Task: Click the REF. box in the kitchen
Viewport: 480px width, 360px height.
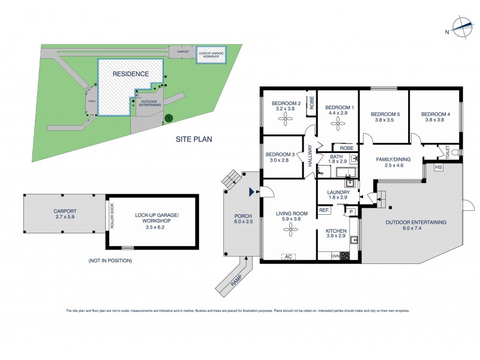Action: click(x=325, y=210)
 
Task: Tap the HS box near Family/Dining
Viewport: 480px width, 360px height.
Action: click(x=438, y=167)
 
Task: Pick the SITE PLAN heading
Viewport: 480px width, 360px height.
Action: click(x=193, y=139)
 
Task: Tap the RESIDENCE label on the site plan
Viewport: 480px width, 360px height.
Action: click(x=130, y=73)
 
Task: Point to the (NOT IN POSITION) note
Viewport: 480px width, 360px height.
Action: click(x=110, y=260)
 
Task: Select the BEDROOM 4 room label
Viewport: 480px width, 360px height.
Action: click(x=435, y=113)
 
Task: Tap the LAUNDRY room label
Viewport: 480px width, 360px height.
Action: click(x=338, y=192)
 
